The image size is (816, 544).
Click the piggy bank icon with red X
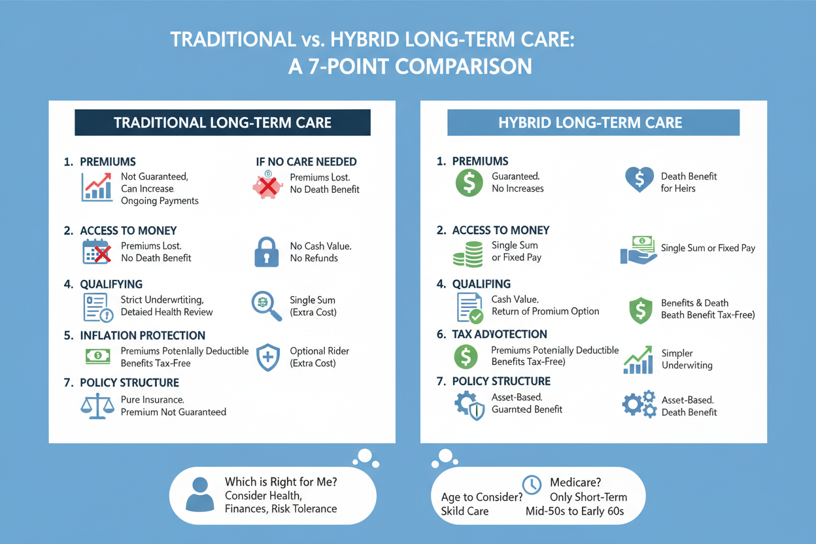pyautogui.click(x=268, y=185)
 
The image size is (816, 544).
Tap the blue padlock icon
pyautogui.click(x=266, y=252)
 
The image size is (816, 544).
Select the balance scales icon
pyautogui.click(x=97, y=405)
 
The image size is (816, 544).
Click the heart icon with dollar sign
pyautogui.click(x=639, y=179)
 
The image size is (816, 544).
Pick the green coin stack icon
pyautogui.click(x=467, y=254)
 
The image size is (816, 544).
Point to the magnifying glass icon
pyautogui.click(x=267, y=306)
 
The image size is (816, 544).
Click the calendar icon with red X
pyautogui.click(x=97, y=252)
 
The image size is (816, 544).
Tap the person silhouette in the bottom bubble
pyautogui.click(x=199, y=494)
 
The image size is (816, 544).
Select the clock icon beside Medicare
pyautogui.click(x=532, y=484)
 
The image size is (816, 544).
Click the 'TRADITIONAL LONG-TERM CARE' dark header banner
pyautogui.click(x=222, y=122)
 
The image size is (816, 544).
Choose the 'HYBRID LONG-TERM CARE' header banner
pyautogui.click(x=594, y=122)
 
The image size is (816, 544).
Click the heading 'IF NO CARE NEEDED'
pyautogui.click(x=306, y=161)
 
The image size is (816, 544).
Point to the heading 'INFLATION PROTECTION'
pyautogui.click(x=143, y=335)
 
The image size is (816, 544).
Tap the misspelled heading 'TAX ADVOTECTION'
pyautogui.click(x=500, y=334)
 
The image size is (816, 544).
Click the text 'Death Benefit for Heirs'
pyautogui.click(x=688, y=182)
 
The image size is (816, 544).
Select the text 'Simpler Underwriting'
pyautogui.click(x=687, y=359)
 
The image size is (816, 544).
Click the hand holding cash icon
pyautogui.click(x=638, y=250)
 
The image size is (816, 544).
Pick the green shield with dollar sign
pyautogui.click(x=640, y=311)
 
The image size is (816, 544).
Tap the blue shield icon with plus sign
pyautogui.click(x=268, y=358)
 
